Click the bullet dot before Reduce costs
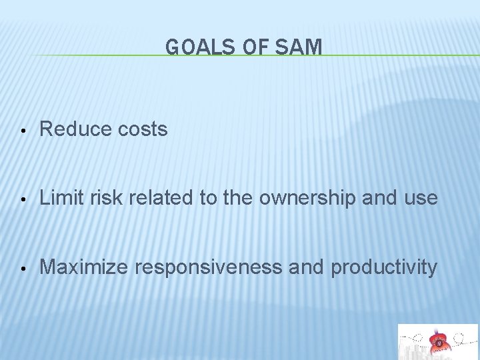[23, 130]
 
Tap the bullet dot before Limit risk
[23, 199]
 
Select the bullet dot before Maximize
[23, 269]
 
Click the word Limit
[59, 198]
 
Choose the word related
[152, 198]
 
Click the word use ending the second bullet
[421, 199]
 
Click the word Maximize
[84, 267]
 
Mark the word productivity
[384, 268]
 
